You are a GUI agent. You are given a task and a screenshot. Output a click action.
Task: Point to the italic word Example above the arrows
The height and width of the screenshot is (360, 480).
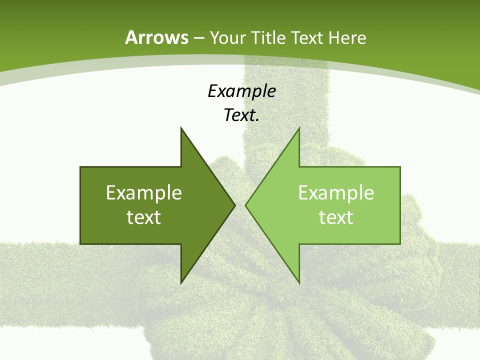coord(241,91)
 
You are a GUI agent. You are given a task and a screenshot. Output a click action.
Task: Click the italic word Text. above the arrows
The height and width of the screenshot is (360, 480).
coord(241,115)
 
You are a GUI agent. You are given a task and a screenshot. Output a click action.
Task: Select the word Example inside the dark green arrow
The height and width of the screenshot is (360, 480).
coord(144,192)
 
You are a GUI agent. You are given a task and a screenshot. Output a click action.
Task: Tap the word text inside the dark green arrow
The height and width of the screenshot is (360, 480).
coord(144,217)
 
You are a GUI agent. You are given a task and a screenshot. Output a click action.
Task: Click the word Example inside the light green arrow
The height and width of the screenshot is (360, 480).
coord(336,192)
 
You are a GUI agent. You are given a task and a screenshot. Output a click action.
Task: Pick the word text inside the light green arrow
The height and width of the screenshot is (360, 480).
coord(336,217)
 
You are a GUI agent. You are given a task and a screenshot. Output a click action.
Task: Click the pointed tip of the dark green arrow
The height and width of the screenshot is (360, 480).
coord(235,205)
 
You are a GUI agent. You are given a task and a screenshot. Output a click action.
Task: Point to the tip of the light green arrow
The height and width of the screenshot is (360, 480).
coord(245,205)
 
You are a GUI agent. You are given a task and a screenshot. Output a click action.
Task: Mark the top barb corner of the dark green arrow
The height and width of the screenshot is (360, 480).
coord(181,127)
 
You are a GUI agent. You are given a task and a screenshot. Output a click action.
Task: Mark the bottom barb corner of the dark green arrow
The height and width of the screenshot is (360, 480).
coord(181,283)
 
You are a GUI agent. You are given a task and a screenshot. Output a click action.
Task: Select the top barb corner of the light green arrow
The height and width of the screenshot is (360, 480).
coord(299,127)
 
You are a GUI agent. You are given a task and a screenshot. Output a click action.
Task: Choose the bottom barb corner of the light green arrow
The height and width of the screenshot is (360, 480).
coord(299,283)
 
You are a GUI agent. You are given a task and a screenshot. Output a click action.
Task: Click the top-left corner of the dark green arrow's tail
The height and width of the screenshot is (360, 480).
coord(80,167)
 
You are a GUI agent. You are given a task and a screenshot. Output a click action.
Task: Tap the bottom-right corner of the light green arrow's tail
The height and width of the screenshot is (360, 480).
coord(400,243)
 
